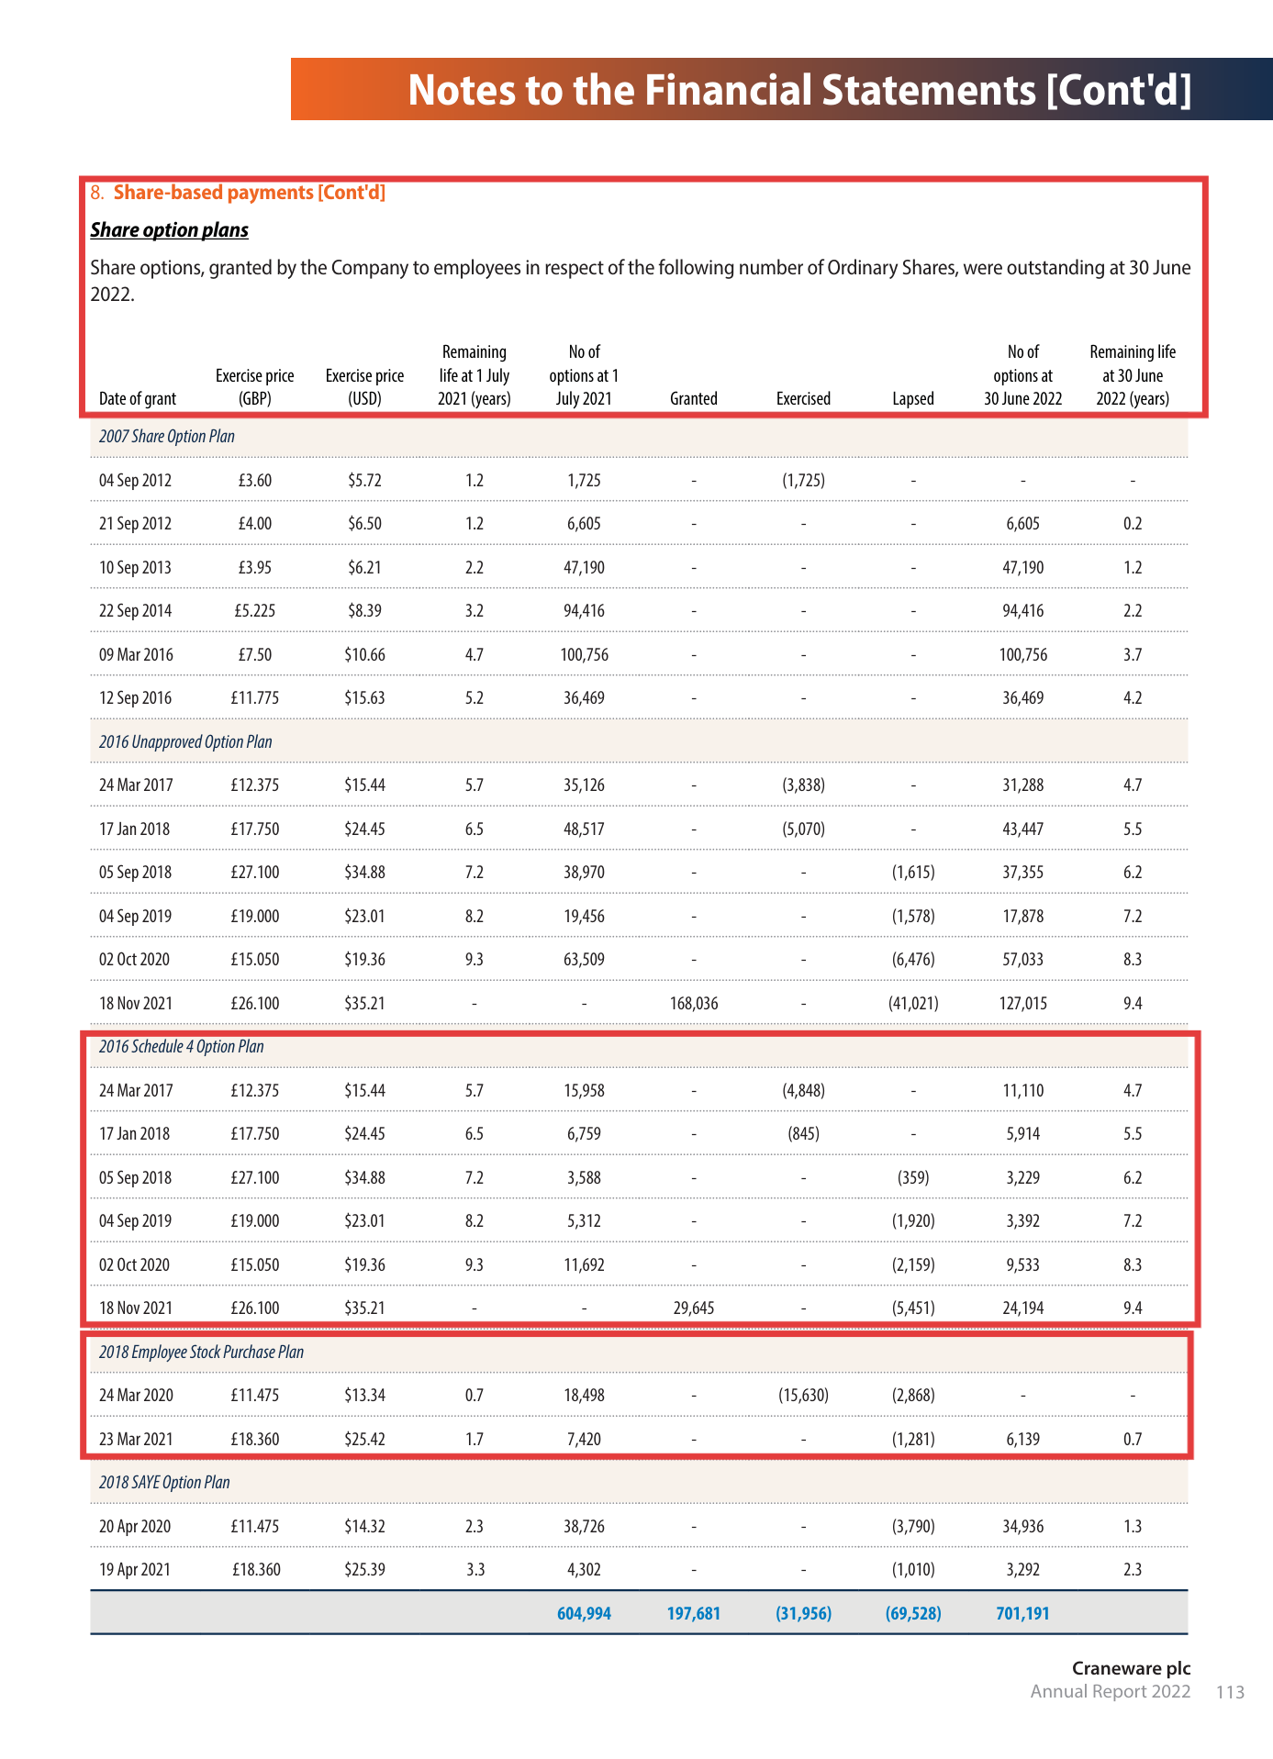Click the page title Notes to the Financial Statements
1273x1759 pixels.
pos(799,90)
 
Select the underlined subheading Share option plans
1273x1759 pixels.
pos(169,230)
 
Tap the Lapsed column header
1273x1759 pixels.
pos(912,399)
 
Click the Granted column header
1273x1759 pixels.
pos(693,399)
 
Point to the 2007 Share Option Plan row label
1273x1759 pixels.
pos(167,437)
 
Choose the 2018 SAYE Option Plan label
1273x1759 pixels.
pos(164,1483)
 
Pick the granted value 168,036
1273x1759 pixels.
pos(694,1004)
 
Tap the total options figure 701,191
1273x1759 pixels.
pos(1022,1614)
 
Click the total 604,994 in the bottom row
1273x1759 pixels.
pos(584,1614)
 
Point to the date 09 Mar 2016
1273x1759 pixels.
pos(136,655)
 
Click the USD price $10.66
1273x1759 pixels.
pos(364,655)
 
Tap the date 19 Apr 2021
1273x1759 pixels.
pos(135,1570)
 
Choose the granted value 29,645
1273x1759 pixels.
pos(694,1308)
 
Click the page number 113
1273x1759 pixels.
pos(1230,1692)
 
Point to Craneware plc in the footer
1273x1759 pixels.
pos(1131,1668)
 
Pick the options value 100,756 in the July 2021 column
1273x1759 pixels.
pos(584,655)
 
